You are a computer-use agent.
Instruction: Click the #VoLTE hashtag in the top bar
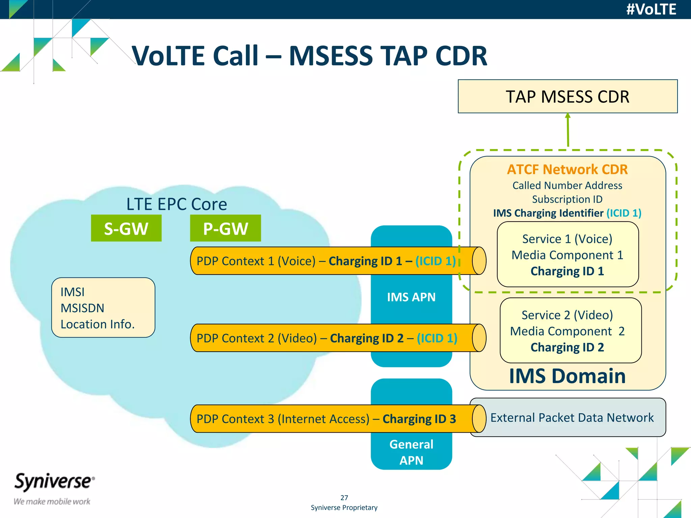(651, 9)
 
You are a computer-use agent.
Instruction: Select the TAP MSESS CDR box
(567, 96)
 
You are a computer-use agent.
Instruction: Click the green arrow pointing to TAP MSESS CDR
(568, 130)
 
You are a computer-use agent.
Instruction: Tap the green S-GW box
(126, 228)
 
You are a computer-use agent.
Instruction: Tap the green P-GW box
(225, 228)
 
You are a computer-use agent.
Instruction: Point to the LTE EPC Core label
(176, 204)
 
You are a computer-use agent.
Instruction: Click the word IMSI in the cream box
(73, 292)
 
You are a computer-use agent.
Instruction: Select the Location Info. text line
(98, 324)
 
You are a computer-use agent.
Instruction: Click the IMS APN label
(411, 297)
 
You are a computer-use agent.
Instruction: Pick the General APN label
(411, 452)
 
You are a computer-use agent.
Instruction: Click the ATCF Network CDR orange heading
(567, 169)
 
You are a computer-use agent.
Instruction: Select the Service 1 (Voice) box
(568, 255)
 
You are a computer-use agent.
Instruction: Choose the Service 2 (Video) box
(570, 330)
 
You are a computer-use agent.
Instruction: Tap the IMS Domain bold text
(567, 376)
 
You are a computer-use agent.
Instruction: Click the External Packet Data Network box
(572, 418)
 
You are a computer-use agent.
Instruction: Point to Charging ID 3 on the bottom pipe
(419, 419)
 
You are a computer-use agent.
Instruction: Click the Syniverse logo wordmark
(54, 481)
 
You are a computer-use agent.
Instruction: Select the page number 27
(344, 497)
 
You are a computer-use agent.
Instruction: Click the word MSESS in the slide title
(331, 56)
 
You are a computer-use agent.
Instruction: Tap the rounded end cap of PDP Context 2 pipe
(479, 338)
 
